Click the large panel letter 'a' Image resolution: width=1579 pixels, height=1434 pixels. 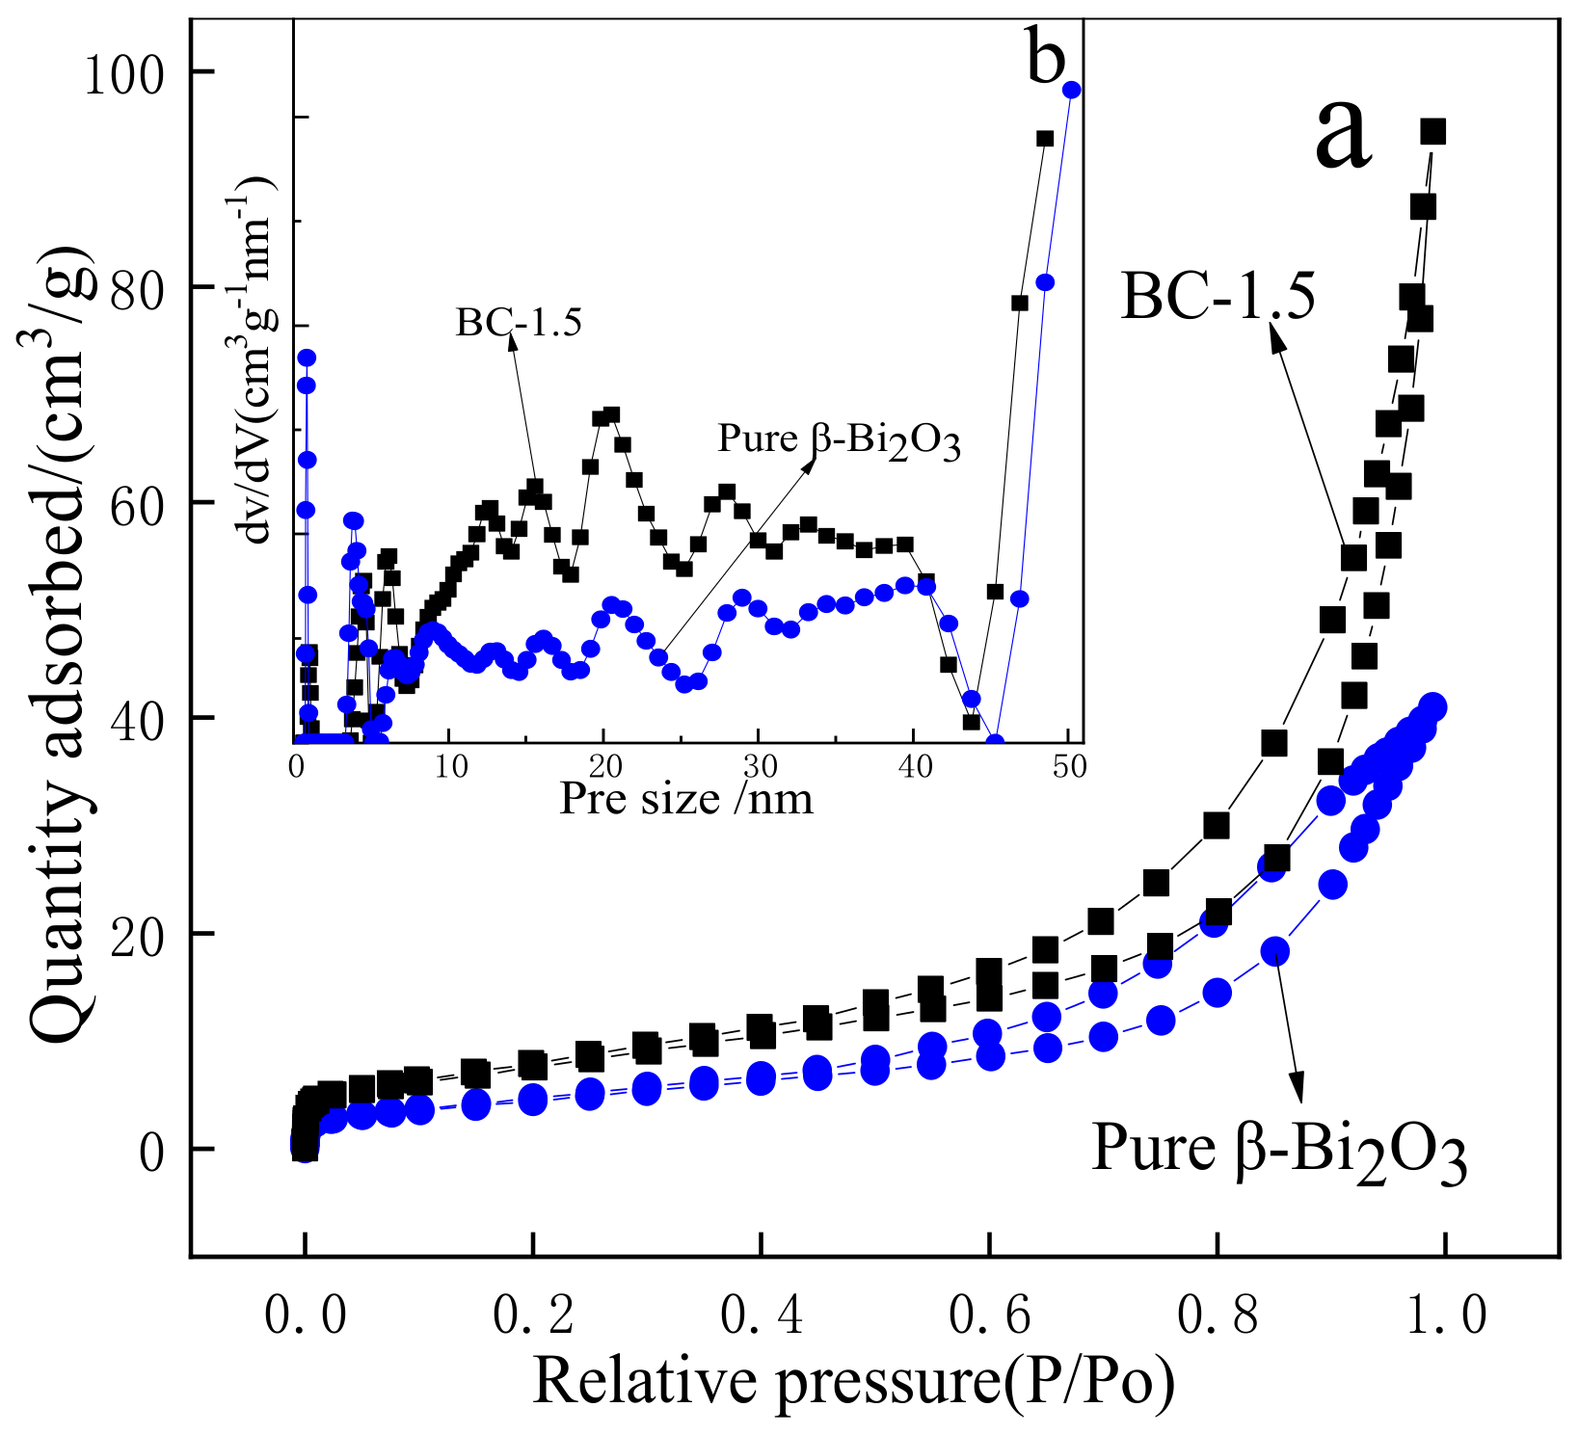pyautogui.click(x=1342, y=136)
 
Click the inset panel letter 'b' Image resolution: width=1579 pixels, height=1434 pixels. pyautogui.click(x=1047, y=58)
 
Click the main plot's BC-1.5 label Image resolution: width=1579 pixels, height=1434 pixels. pyautogui.click(x=1218, y=297)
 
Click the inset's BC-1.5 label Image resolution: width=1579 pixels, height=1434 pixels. pyautogui.click(x=519, y=323)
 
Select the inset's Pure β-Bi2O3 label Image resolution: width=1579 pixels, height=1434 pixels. pyautogui.click(x=839, y=440)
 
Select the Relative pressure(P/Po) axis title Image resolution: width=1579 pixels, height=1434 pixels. pyautogui.click(x=853, y=1382)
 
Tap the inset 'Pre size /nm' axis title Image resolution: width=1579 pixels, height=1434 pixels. pyautogui.click(x=686, y=799)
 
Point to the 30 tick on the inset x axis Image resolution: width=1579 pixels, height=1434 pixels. pyautogui.click(x=759, y=767)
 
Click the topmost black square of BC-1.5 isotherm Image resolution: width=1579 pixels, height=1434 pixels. pyautogui.click(x=1433, y=132)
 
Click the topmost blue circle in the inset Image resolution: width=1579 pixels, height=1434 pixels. pyautogui.click(x=1071, y=90)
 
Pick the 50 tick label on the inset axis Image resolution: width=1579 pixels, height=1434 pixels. pyautogui.click(x=1069, y=767)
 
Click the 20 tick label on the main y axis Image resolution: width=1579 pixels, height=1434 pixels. pyautogui.click(x=134, y=935)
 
